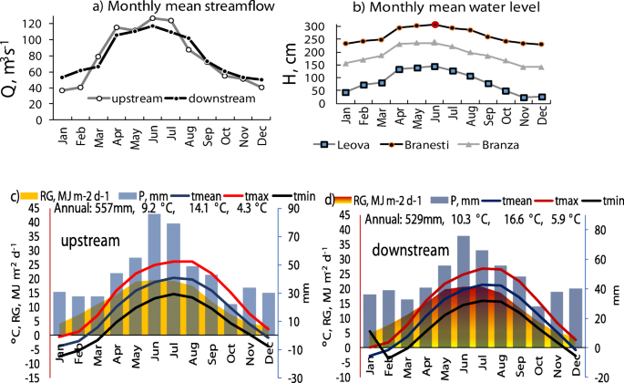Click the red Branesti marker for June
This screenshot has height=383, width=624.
(435, 25)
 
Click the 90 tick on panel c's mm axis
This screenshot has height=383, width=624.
(288, 209)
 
